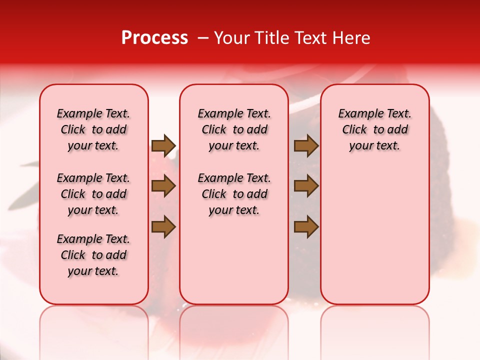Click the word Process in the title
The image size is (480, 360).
click(x=154, y=38)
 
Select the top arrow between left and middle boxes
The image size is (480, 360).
click(x=163, y=145)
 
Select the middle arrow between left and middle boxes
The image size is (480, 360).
click(x=163, y=186)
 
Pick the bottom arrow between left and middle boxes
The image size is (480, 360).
click(x=163, y=227)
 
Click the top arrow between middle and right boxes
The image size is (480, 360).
click(x=306, y=145)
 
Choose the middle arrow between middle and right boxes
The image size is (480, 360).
click(x=306, y=186)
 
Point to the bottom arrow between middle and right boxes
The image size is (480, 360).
click(x=306, y=227)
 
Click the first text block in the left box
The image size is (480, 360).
click(x=93, y=129)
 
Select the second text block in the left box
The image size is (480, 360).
click(x=93, y=194)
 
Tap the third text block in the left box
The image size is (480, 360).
click(x=93, y=255)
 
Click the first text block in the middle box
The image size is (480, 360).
click(x=234, y=129)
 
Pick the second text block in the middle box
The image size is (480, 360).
click(x=234, y=194)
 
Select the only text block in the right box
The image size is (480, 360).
click(x=374, y=129)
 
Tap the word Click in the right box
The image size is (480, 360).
click(x=354, y=130)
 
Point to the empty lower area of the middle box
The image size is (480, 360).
click(x=234, y=260)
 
